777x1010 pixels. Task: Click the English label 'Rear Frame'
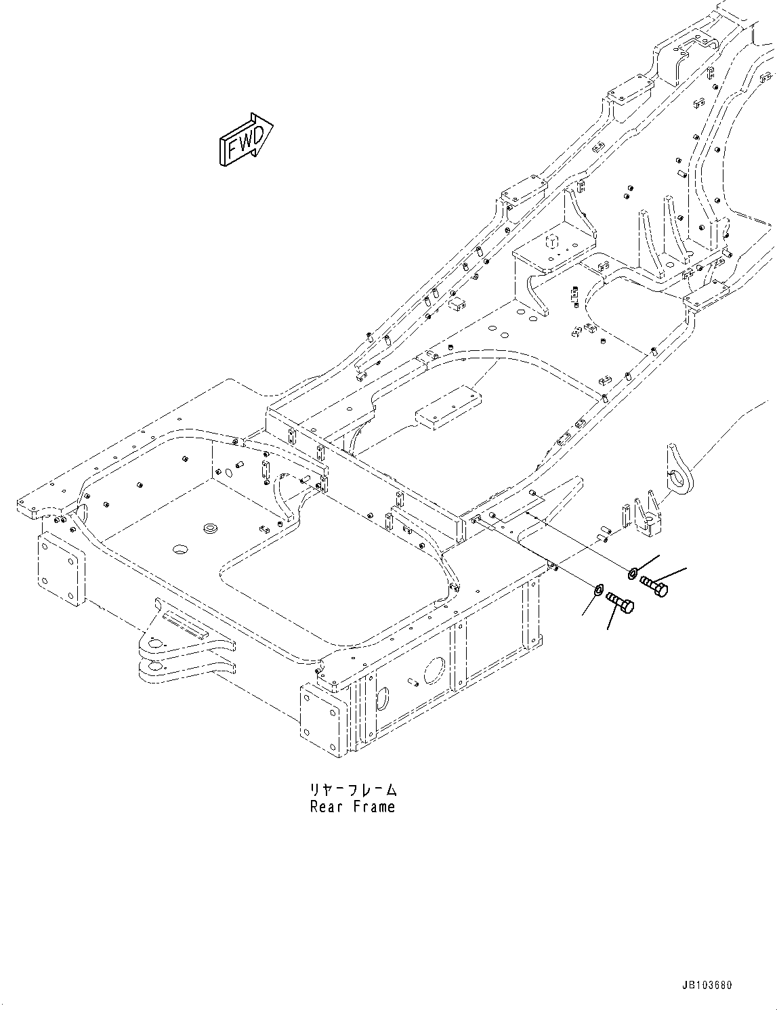click(x=352, y=807)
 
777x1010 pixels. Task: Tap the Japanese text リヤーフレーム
click(x=352, y=790)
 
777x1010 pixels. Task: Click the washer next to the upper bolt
click(x=632, y=574)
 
